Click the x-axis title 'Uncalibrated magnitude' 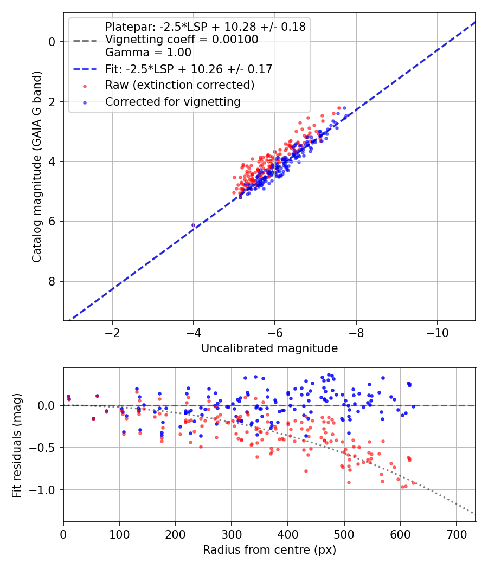pos(269,348)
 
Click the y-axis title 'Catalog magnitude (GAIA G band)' pos(37,166)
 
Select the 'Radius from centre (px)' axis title pos(269,550)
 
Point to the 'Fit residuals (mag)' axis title pos(17,445)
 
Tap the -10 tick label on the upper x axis pos(437,333)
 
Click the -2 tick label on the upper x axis pos(112,333)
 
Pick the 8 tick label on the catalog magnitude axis pos(52,281)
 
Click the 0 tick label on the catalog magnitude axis pos(52,42)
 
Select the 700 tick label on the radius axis pos(456,534)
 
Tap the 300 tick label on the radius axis pos(232,534)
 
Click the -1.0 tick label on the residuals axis pos(43,490)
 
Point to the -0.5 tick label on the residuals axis pos(43,448)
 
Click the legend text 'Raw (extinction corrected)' pos(179,85)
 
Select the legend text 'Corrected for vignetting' pos(173,102)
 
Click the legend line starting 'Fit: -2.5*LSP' pos(189,69)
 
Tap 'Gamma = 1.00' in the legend pos(148,52)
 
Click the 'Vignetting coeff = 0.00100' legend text pos(182,39)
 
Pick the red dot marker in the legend pos(85,86)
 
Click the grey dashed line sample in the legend pos(85,41)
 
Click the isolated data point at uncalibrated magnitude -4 pos(193,225)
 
